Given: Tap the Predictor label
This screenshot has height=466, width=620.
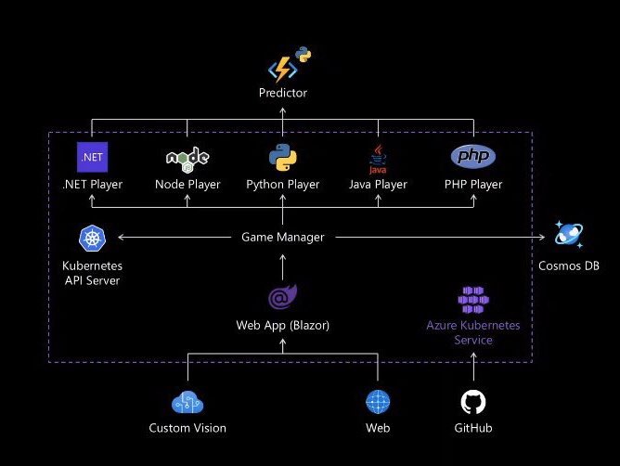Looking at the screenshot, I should click(282, 93).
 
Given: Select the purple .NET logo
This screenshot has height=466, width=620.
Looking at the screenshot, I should click(92, 157).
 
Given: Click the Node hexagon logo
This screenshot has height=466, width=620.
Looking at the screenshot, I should click(187, 158).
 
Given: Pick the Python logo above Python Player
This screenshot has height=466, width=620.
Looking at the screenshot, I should click(282, 157).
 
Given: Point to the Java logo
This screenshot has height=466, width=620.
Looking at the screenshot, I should click(378, 159).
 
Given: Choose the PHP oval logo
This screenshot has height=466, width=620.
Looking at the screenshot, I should click(472, 156).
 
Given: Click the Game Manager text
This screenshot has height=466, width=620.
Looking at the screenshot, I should click(282, 237).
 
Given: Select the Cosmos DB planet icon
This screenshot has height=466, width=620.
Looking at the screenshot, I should click(568, 234).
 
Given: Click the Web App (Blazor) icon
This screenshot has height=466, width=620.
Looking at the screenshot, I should click(282, 298).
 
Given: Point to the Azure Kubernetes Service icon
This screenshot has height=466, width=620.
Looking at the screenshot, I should click(472, 299).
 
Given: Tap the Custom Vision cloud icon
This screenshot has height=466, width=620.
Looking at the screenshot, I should click(187, 403).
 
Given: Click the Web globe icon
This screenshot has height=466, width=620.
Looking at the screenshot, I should click(377, 402).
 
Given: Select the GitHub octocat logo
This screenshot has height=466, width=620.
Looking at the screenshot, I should click(472, 402).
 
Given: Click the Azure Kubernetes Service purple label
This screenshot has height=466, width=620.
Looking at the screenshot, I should click(472, 332).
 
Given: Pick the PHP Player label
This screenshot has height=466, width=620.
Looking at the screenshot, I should click(472, 184).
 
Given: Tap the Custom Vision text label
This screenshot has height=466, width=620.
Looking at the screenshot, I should click(187, 428).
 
